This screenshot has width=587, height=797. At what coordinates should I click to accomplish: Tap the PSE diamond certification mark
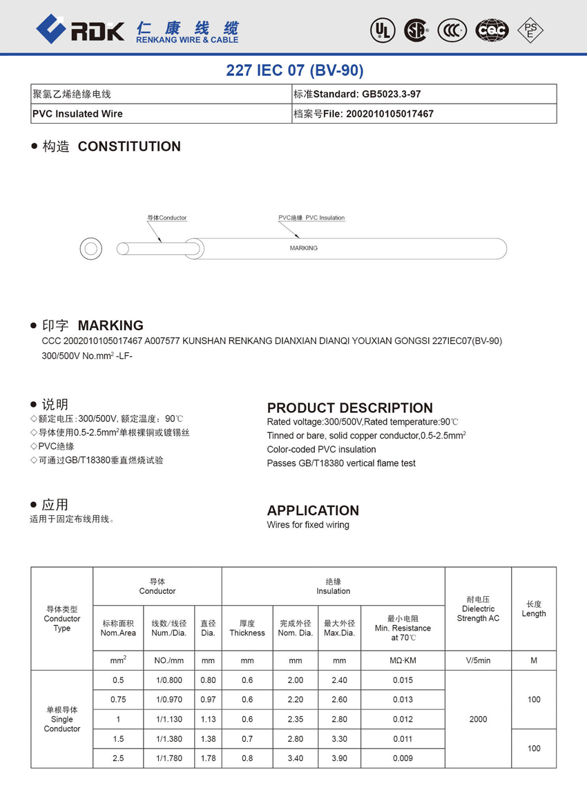pos(530,29)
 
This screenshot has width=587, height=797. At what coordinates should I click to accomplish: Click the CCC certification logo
pos(452,30)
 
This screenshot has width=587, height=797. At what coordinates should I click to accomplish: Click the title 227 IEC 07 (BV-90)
pos(294,70)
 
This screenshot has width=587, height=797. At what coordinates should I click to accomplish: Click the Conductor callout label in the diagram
pos(167,218)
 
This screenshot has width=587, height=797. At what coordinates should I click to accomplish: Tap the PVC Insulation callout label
pos(311,218)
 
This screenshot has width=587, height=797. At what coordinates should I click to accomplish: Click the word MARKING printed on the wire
pos(304,248)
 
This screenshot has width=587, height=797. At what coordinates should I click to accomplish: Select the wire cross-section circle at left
pos(90,249)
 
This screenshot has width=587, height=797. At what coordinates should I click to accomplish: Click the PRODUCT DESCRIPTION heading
pos(349,407)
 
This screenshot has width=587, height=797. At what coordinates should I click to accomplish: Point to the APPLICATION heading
pos(313,510)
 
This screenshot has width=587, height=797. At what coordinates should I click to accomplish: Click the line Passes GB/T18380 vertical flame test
pos(341,463)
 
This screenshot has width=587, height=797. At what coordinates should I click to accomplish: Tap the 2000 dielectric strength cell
pos(478,719)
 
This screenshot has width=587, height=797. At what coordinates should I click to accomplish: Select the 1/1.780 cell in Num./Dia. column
pos(169,758)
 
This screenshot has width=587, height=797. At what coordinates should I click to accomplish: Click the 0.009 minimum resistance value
pos(402,758)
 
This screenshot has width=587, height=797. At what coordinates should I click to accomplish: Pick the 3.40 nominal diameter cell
pos(295,758)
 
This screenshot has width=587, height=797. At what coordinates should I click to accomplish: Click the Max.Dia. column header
pos(339,628)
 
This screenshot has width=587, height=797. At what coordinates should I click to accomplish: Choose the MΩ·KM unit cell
pos(402,661)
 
